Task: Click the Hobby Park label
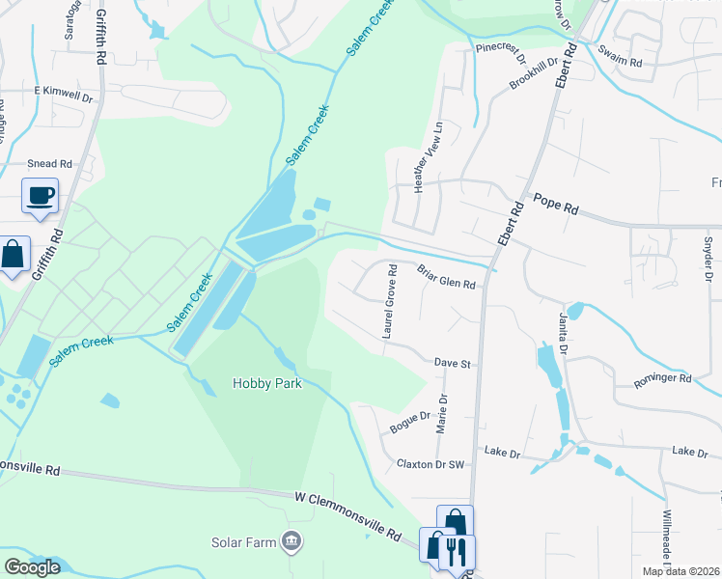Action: [267, 383]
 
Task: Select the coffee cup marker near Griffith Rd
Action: [41, 196]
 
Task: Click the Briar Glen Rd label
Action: [446, 277]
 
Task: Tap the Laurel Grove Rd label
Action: [390, 301]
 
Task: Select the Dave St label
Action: [452, 364]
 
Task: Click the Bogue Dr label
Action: [409, 421]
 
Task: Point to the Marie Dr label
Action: [443, 413]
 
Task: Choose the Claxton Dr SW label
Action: [431, 464]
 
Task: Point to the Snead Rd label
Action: [50, 164]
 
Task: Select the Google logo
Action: [32, 567]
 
